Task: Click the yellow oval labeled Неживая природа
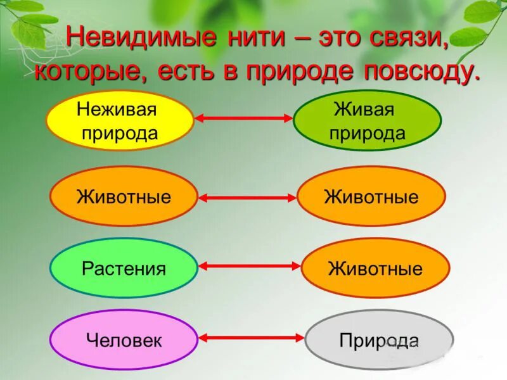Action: coord(120,120)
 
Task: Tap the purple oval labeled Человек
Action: coord(124,340)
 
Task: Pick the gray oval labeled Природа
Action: coord(379,340)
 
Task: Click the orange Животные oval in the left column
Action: coord(124,196)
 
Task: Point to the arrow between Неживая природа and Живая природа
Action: coord(244,118)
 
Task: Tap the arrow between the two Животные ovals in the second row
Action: coord(247,198)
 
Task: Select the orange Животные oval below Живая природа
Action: coord(371,196)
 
